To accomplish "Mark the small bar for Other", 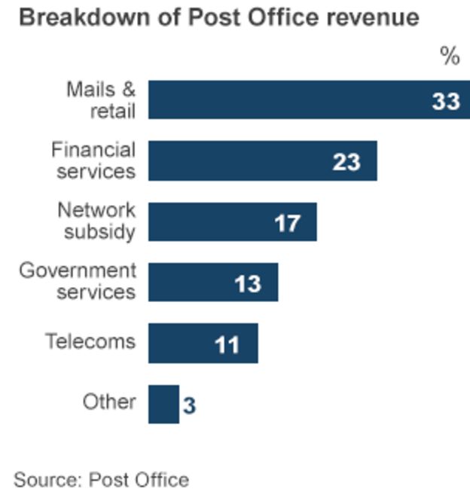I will pos(163,405).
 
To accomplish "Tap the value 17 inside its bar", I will pos(287,223).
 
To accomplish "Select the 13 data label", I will pos(247,283).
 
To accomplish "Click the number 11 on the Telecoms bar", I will pos(227,344).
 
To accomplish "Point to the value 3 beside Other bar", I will pos(189,406).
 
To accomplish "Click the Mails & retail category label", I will pos(102,100).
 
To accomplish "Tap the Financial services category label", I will pos(94,160).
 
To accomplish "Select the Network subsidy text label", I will pos(97,221).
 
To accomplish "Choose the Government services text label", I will pos(78,281).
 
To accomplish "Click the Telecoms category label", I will pos(90,341).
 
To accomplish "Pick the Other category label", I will pos(109,402).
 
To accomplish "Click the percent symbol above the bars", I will pos(450,56).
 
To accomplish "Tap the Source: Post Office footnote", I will pos(101,479).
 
